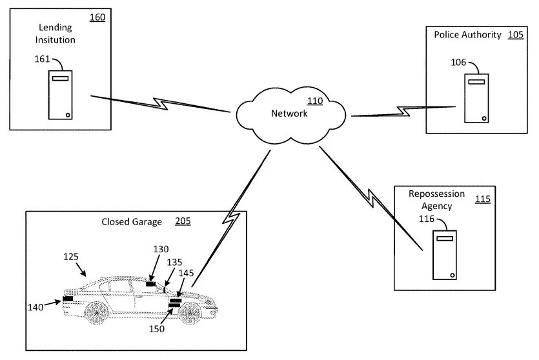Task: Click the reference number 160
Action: (97, 17)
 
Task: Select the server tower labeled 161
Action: (60, 95)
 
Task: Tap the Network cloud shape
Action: (291, 115)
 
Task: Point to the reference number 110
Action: (315, 101)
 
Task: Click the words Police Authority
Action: (467, 35)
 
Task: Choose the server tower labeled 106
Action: (476, 98)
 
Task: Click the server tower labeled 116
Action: (445, 255)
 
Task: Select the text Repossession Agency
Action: (436, 199)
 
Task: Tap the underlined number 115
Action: (483, 199)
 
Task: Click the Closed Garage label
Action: (132, 222)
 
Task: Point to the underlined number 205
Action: (183, 221)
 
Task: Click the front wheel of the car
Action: (190, 314)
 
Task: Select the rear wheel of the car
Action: (97, 313)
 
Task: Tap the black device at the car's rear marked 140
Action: (68, 299)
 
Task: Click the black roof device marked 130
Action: (150, 284)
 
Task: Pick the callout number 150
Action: (157, 329)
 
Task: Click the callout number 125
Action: (71, 257)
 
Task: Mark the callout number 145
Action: (187, 273)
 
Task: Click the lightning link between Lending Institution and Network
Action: (161, 104)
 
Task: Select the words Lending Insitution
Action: (56, 34)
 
